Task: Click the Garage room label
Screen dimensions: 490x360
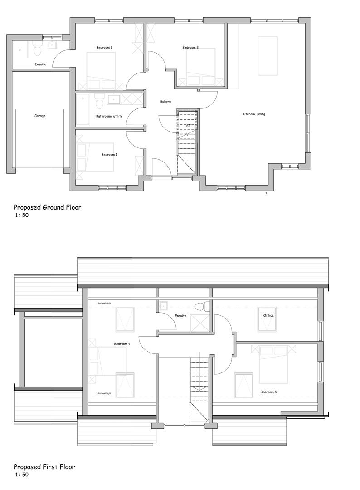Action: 40,116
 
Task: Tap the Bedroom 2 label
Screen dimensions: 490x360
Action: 104,48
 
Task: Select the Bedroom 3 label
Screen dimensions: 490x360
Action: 190,48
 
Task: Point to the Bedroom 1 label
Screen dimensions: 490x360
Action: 109,155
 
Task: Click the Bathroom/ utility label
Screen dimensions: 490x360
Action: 109,116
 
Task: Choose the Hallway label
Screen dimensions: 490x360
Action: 165,102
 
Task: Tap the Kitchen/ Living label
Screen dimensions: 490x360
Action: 254,114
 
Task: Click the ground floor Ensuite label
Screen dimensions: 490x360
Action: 40,64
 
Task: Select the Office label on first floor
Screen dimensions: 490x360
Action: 269,315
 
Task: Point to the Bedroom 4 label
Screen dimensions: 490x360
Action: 122,344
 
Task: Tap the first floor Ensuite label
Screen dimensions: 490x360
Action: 180,316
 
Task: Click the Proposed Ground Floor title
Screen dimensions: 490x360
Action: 47,208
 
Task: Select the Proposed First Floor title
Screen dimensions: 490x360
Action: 44,467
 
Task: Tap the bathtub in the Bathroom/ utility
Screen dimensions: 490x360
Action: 83,110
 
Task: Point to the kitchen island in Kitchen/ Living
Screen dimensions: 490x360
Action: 268,56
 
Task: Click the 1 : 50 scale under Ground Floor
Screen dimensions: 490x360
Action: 22,216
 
